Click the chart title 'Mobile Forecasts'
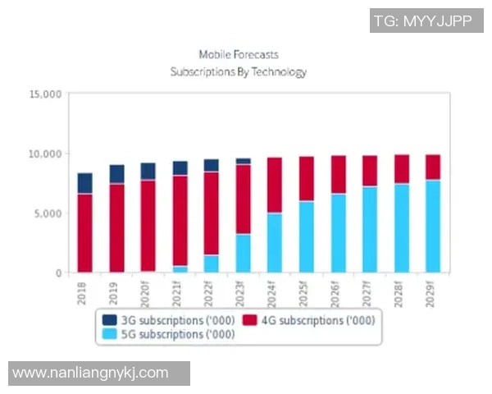[x=239, y=54]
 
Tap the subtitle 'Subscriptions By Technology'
[x=239, y=72]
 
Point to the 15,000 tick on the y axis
[x=46, y=94]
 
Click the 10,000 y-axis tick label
[x=46, y=153]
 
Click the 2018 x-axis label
[x=82, y=294]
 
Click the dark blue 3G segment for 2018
[x=84, y=183]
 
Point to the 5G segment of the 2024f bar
[x=275, y=242]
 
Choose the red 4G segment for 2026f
[x=338, y=174]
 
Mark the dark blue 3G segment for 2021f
[x=180, y=167]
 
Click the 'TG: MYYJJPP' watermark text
[x=422, y=21]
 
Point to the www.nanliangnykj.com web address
[x=91, y=373]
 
